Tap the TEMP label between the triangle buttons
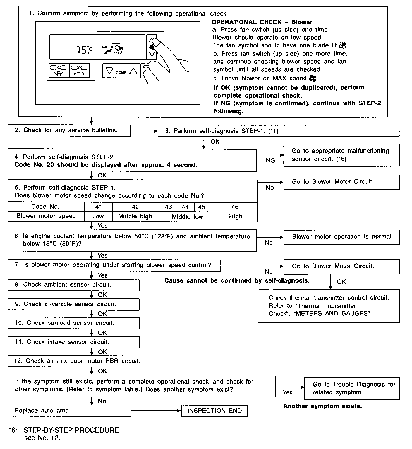(121, 72)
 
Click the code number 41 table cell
(98, 207)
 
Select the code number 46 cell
(235, 207)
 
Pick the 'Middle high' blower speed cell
(135, 216)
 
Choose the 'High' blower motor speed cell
(235, 216)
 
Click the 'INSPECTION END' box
(214, 411)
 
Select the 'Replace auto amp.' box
(69, 411)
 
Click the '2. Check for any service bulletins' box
(69, 130)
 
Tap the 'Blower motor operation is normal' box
(341, 237)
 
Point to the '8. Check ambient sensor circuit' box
(73, 285)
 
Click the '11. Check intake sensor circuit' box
(73, 342)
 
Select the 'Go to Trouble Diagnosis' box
(352, 388)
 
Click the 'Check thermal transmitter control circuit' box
(329, 306)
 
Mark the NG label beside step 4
(270, 160)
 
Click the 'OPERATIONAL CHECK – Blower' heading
(262, 22)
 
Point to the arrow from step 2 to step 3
(144, 131)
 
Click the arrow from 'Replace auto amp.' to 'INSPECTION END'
(156, 411)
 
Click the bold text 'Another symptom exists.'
(322, 406)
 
